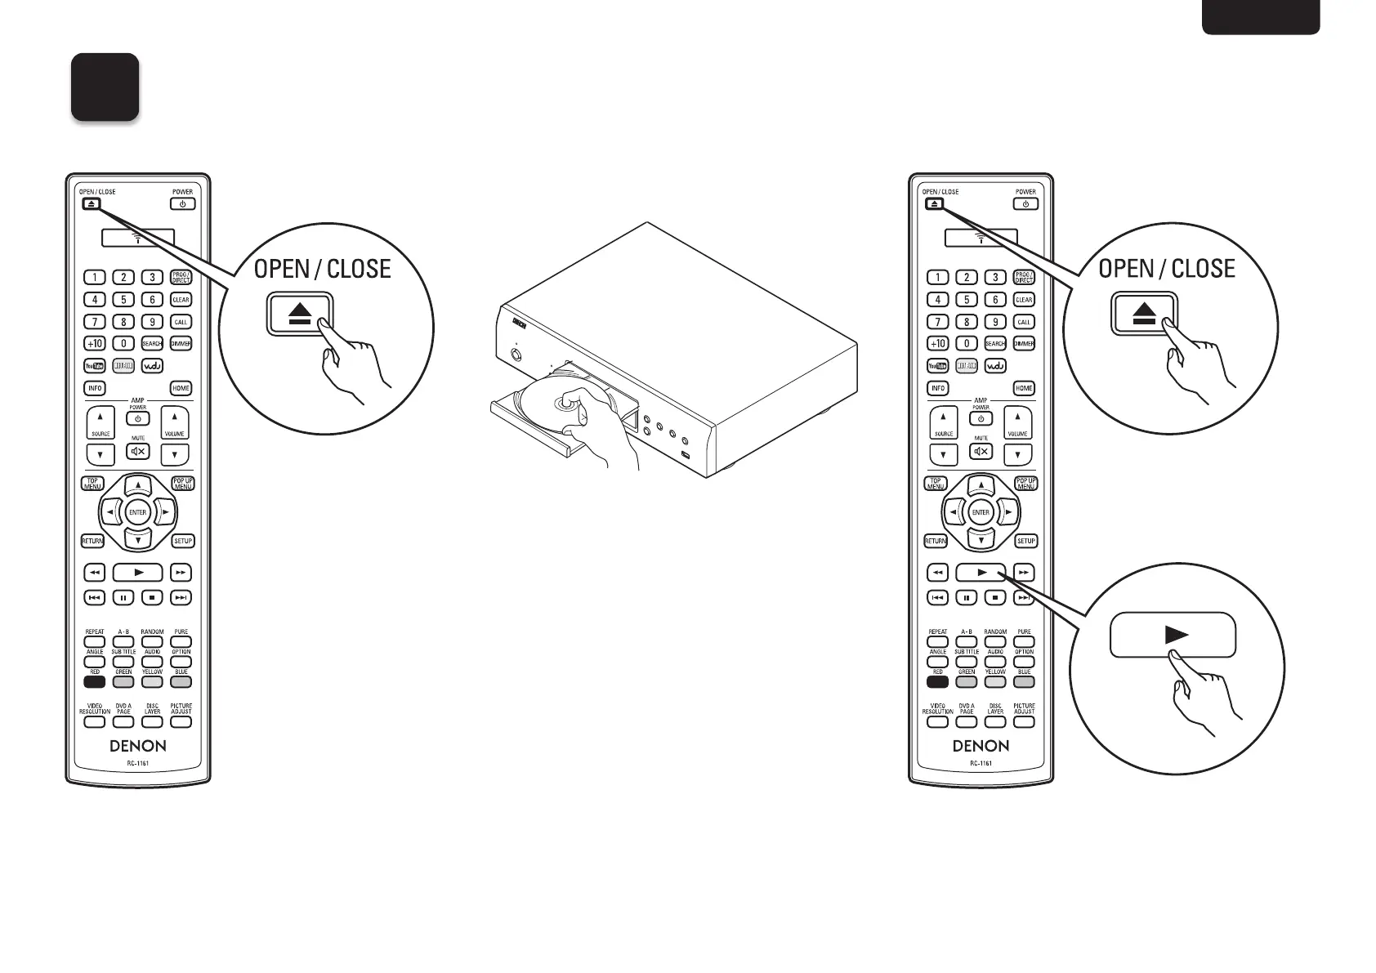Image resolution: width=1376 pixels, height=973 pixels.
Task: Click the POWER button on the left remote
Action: point(182,203)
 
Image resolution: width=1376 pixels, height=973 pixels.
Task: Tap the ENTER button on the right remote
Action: point(981,513)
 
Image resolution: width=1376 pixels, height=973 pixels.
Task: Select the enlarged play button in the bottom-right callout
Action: point(1173,635)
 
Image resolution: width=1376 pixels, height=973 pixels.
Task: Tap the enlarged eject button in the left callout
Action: point(300,315)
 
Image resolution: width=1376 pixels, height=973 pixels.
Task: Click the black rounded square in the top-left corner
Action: point(105,87)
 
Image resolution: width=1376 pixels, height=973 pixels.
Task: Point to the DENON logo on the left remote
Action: point(138,746)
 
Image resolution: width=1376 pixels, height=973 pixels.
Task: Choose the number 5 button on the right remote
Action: point(967,300)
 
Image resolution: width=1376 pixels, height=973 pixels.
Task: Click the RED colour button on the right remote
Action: point(937,681)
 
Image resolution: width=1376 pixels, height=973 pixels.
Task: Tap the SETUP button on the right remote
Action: point(1025,541)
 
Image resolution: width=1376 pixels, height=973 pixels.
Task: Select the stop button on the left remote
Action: point(152,598)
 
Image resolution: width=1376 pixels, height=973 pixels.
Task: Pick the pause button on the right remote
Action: point(967,598)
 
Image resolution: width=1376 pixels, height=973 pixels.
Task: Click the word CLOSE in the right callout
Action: point(1203,269)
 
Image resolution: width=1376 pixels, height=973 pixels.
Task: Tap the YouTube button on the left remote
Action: point(95,366)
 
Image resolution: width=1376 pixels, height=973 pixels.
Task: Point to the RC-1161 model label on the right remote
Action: point(981,764)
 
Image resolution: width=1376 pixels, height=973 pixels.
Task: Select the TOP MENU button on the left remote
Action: point(93,484)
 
